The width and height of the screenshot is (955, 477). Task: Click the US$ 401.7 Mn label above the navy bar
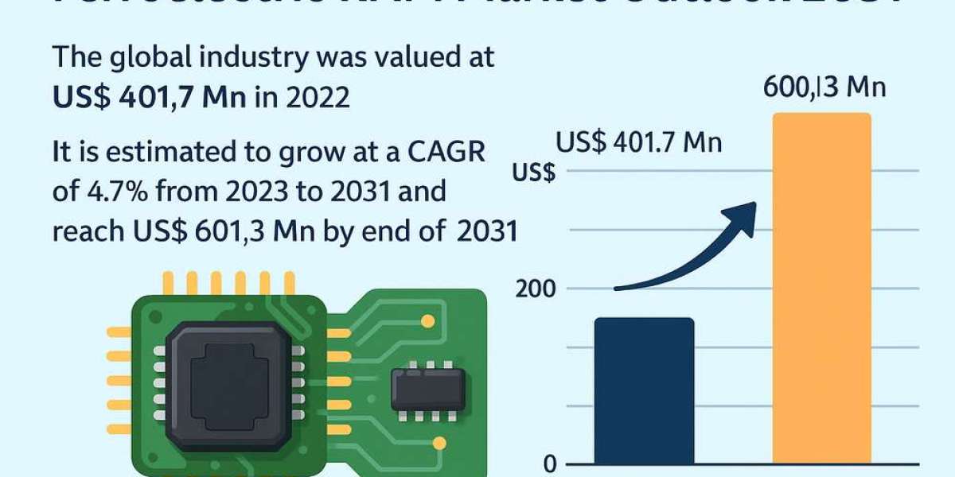pos(639,143)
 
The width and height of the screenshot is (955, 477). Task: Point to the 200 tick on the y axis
pos(537,289)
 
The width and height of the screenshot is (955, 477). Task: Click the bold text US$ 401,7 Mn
pos(149,98)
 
